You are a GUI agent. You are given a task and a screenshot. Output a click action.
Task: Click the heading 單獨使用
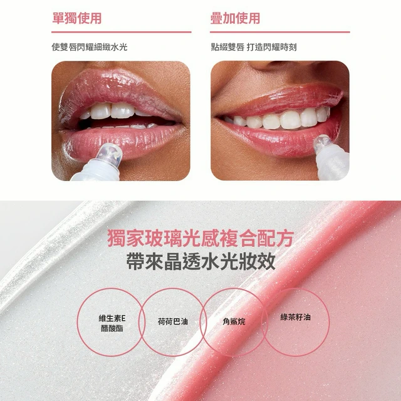click(x=76, y=18)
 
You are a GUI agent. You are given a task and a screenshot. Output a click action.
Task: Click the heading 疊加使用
click(x=235, y=18)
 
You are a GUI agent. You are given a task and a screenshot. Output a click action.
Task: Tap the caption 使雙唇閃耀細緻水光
click(x=89, y=47)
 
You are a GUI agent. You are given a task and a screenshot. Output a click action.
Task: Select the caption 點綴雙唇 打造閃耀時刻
click(x=254, y=47)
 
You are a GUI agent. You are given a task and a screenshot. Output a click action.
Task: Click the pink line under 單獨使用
click(x=121, y=32)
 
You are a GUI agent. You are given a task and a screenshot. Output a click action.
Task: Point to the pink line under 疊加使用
click(x=280, y=32)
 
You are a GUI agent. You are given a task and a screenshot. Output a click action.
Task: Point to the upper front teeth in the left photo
click(x=113, y=110)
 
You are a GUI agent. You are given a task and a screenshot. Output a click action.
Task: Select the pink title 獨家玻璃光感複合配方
click(x=200, y=238)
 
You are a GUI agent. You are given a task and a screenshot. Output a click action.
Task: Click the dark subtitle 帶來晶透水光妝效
click(x=200, y=261)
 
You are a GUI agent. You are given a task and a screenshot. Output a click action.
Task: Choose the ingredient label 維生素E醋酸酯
click(x=112, y=323)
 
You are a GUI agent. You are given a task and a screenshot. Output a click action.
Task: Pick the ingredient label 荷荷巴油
click(x=173, y=321)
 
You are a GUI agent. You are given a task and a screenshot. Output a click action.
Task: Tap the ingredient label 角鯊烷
click(x=234, y=321)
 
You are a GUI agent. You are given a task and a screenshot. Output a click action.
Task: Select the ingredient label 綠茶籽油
click(x=295, y=318)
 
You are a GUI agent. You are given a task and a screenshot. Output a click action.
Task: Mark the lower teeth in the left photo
click(x=123, y=127)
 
